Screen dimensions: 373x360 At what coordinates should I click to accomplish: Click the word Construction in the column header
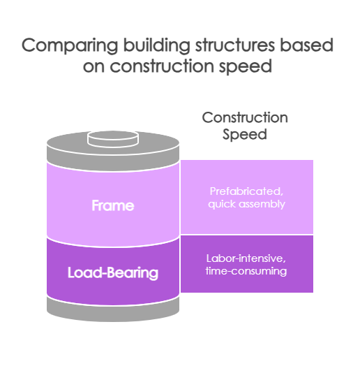pos(245,117)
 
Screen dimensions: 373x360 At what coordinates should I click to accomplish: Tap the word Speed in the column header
pos(245,135)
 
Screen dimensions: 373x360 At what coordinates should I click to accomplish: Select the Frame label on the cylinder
pos(112,206)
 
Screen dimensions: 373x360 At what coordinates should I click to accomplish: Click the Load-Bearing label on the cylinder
pos(112,272)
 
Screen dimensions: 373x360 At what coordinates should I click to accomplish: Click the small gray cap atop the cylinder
pos(112,137)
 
